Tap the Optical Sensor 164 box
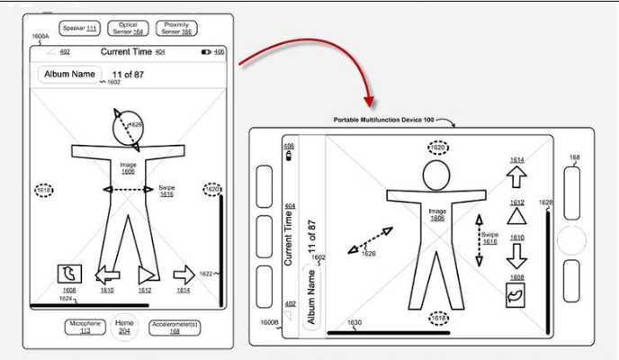[129, 30]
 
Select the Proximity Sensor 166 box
[176, 30]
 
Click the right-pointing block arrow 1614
[184, 274]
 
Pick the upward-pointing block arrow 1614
[516, 176]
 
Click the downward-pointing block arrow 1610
[516, 254]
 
